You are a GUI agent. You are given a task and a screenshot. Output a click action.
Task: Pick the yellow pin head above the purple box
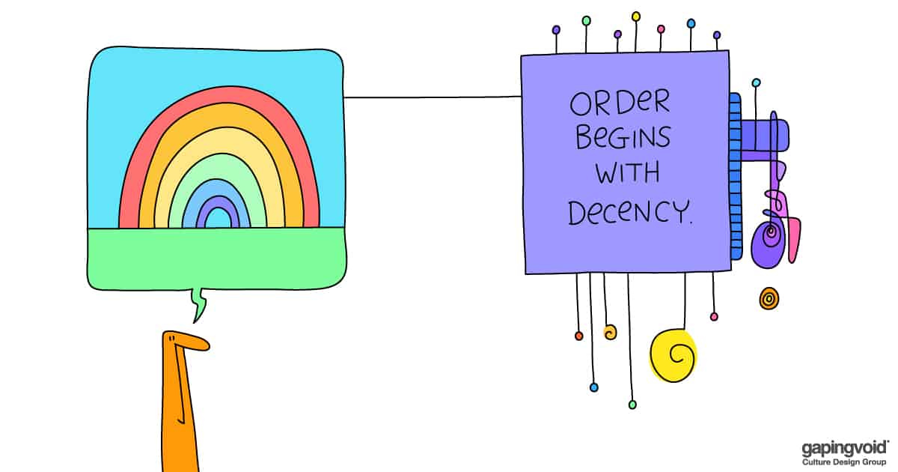pos(636,16)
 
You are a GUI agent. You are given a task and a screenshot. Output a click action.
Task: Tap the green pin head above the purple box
pos(586,20)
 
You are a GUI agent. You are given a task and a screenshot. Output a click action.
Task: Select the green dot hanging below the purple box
pos(632,405)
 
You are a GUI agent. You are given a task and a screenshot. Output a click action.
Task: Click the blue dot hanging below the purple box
pos(594,387)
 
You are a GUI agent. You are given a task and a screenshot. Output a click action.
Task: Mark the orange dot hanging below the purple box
pos(578,336)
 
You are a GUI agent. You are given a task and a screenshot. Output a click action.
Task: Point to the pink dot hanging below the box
pos(714,317)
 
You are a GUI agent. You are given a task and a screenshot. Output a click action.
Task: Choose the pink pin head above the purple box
pos(661,28)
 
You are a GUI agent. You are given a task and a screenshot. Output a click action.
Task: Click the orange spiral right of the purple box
pos(769,299)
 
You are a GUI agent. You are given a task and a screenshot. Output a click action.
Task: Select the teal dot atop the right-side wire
pos(756,82)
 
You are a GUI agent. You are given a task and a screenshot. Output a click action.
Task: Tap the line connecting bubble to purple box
pos(432,97)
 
